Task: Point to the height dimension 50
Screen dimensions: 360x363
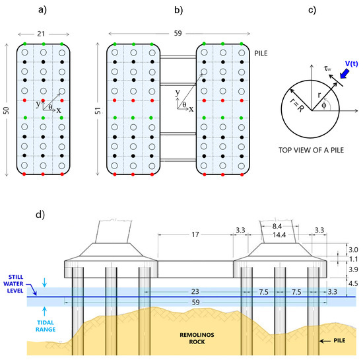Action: (7, 109)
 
